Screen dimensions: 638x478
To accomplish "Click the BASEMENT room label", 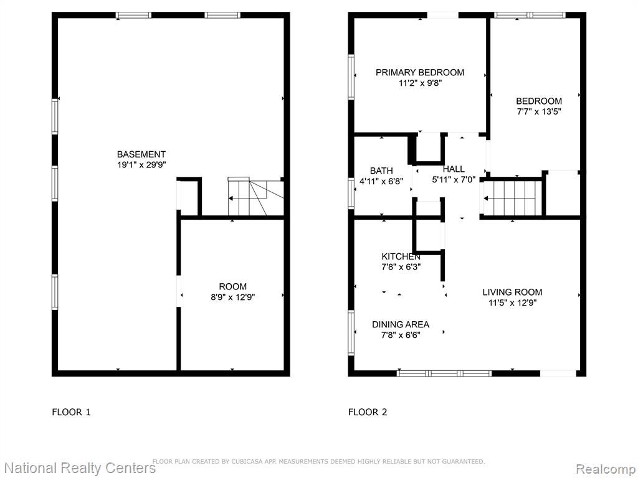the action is pos(141,154).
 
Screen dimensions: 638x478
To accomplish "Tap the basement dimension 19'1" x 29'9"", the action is pos(141,165).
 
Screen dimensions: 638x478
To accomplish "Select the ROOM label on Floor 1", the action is pos(233,286).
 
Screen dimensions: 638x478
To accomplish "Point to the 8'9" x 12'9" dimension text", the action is pos(233,297).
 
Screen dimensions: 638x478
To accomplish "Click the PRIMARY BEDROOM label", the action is pos(420,72).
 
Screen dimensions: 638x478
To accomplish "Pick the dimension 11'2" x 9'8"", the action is pos(420,83).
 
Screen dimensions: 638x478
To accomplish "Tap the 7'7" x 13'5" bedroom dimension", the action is pos(539,112).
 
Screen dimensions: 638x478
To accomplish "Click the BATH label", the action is pos(381,171).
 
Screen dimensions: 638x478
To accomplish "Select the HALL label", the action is pos(454,169).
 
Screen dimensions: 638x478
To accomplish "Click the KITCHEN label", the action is pos(401,256).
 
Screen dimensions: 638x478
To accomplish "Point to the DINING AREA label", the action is pos(401,324).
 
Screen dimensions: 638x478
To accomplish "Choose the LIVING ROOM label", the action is pos(512,292).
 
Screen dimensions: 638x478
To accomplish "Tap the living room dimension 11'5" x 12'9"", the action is pos(512,303).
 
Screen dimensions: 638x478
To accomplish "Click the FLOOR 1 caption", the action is pos(71,412).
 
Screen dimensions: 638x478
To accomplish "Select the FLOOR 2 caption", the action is pos(368,412).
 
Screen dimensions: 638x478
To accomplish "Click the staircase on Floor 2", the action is pos(513,199).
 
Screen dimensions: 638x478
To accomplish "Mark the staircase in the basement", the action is pos(255,196).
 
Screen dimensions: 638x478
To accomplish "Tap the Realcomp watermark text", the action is pos(606,469).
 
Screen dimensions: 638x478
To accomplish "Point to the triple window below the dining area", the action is pos(444,373).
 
